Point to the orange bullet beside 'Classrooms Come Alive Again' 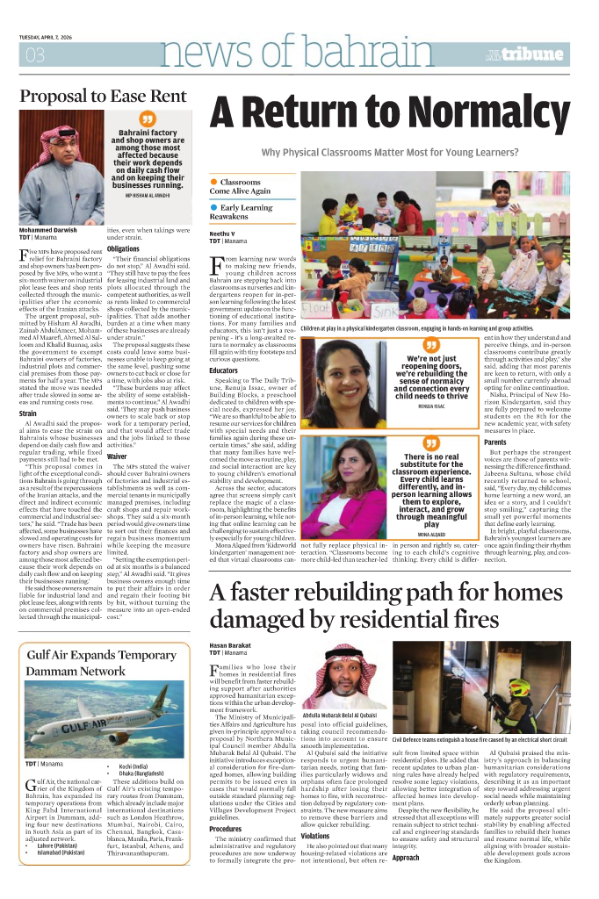click(213, 182)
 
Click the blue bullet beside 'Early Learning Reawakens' click(213, 207)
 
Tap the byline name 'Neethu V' click(223, 232)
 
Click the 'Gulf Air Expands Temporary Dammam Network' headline click(90, 639)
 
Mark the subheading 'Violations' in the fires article click(314, 837)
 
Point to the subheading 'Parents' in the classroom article click(494, 442)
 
